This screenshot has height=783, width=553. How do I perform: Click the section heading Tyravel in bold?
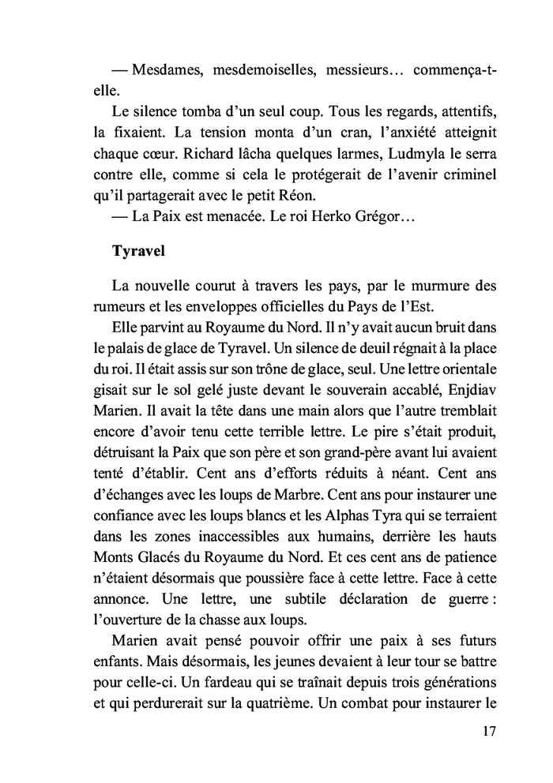point(141,252)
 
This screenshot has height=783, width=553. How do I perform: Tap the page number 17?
point(487,730)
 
